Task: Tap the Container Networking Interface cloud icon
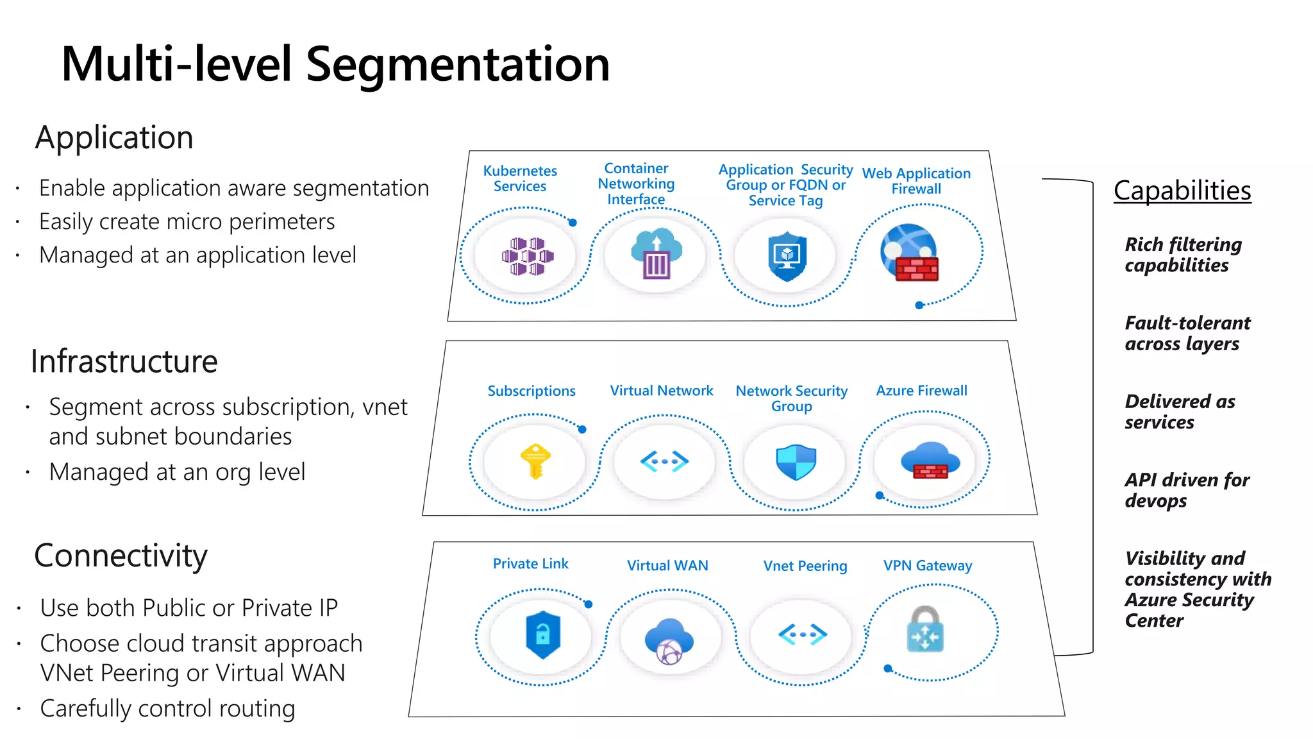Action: [x=656, y=253]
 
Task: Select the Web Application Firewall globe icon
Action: [x=909, y=253]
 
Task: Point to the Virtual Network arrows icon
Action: [x=664, y=461]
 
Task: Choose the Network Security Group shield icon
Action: [x=796, y=463]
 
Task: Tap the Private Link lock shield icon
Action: [x=542, y=635]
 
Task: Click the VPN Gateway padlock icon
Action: [x=925, y=630]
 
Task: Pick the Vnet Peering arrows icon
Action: [x=803, y=634]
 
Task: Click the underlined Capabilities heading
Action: [x=1182, y=191]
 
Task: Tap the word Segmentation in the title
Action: [x=457, y=64]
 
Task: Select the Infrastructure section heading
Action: [x=124, y=361]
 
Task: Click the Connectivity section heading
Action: [x=121, y=556]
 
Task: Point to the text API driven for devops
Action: [x=1186, y=490]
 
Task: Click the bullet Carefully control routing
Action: [x=167, y=708]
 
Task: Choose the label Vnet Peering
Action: [x=805, y=566]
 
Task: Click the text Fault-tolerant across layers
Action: [x=1187, y=333]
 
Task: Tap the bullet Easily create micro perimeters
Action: [x=187, y=221]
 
